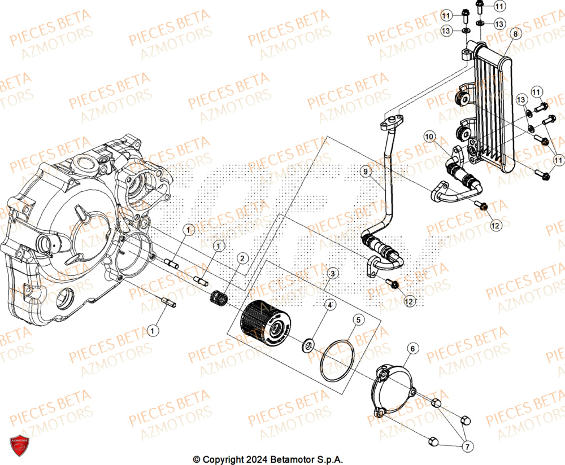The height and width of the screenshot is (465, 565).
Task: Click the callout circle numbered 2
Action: click(x=242, y=259)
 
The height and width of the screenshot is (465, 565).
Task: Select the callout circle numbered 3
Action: click(x=333, y=274)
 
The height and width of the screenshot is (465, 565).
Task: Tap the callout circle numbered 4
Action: click(x=328, y=305)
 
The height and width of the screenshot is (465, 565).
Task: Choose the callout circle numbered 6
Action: click(x=412, y=349)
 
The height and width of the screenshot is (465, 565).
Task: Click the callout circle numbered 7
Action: click(x=467, y=447)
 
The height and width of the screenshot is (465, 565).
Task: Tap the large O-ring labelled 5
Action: click(x=337, y=361)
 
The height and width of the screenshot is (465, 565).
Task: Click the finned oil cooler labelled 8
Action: click(x=492, y=107)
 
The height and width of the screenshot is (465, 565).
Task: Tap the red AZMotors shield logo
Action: click(x=19, y=445)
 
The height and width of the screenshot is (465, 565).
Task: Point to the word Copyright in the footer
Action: click(x=219, y=459)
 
